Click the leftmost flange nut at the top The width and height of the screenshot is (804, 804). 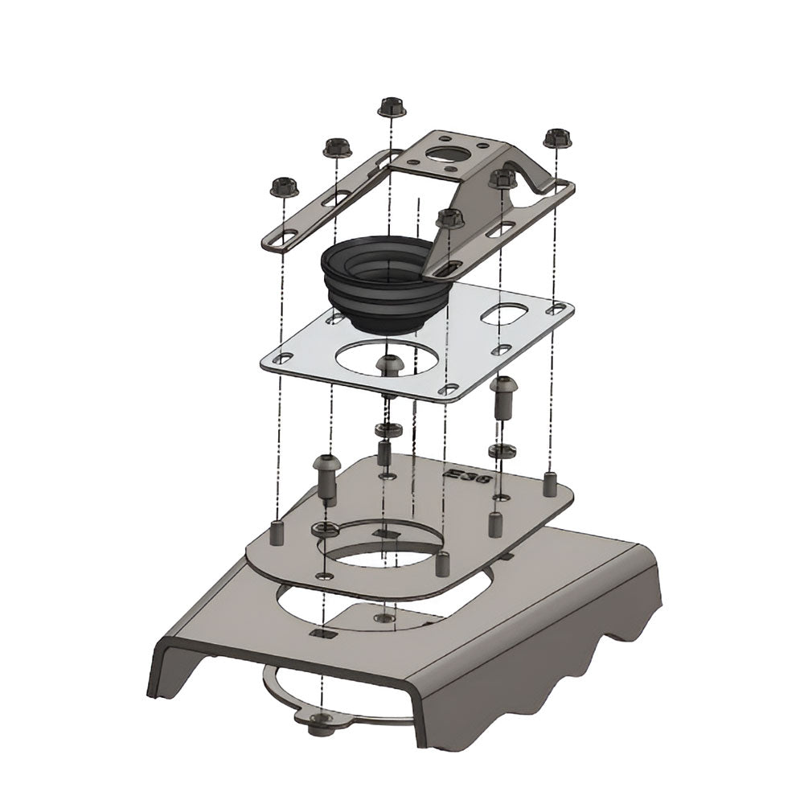[x=283, y=187]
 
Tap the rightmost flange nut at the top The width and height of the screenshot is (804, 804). [x=557, y=138]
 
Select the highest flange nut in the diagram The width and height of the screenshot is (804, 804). [x=391, y=107]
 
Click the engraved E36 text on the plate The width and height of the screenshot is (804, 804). [x=466, y=477]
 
